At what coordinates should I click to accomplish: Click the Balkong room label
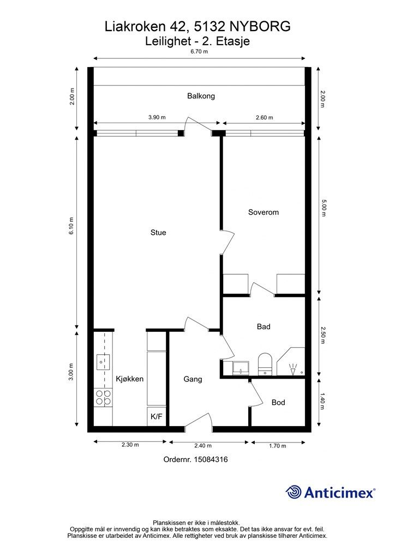click(201, 96)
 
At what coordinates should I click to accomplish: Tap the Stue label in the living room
click(158, 233)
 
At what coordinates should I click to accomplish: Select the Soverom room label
click(263, 213)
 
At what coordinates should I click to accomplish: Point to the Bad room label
click(264, 327)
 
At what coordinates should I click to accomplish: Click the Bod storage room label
click(278, 403)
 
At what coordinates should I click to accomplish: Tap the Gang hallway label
click(193, 379)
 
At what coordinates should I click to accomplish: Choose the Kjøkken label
click(130, 379)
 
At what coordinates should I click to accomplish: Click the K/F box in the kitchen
click(157, 416)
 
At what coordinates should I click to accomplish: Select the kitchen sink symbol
click(103, 362)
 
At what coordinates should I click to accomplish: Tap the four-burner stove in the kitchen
click(103, 397)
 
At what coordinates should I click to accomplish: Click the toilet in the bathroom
click(265, 364)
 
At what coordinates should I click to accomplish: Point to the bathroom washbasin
click(241, 368)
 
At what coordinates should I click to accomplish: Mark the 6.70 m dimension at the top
click(199, 52)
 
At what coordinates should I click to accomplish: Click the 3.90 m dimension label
click(157, 118)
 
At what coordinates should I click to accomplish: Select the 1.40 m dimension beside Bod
click(322, 402)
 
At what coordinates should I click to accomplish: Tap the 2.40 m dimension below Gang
click(202, 446)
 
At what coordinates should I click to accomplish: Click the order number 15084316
click(211, 459)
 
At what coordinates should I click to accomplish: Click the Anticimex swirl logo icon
click(293, 492)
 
